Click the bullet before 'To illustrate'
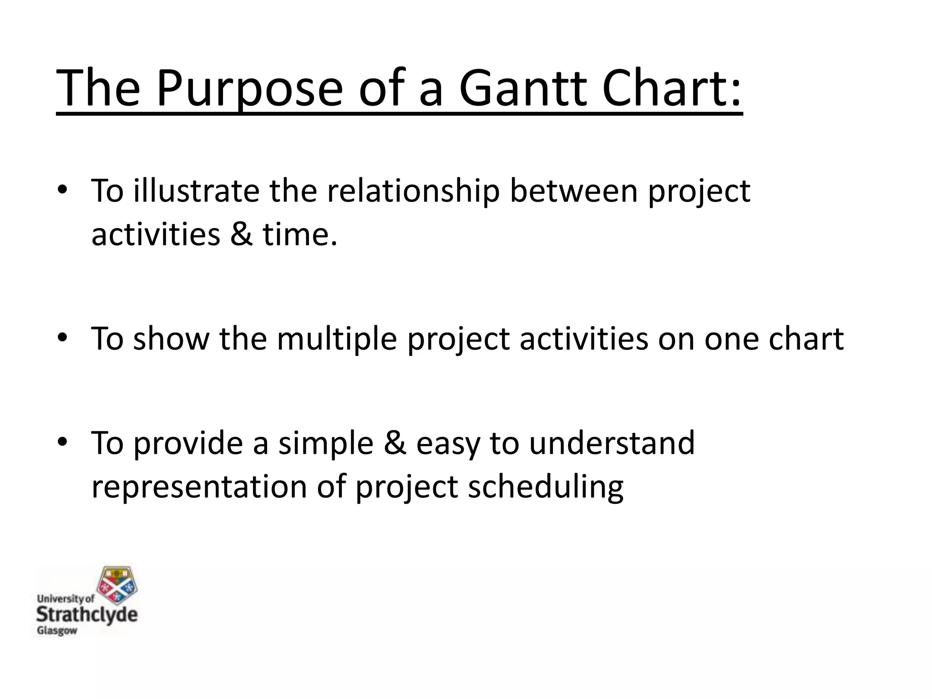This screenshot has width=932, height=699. pyautogui.click(x=62, y=191)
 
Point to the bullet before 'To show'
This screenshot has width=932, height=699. pyautogui.click(x=62, y=339)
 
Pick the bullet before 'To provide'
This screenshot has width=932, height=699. pyautogui.click(x=62, y=442)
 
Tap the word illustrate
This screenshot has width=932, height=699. pyautogui.click(x=196, y=191)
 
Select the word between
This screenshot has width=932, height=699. pyautogui.click(x=573, y=191)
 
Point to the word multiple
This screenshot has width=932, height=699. pyautogui.click(x=337, y=339)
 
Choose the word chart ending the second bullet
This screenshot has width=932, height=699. pyautogui.click(x=806, y=339)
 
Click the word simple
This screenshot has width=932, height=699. pyautogui.click(x=325, y=442)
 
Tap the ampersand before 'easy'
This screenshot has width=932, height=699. pyautogui.click(x=394, y=442)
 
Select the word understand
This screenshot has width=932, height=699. pyautogui.click(x=612, y=442)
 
